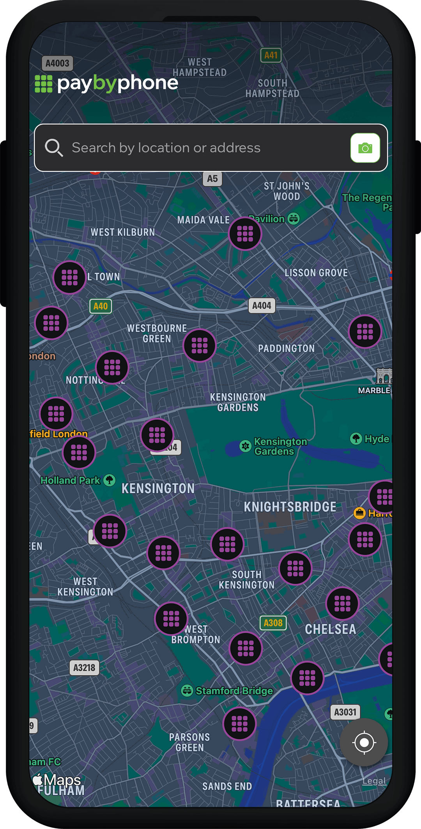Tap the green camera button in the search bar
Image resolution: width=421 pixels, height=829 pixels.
coord(365,148)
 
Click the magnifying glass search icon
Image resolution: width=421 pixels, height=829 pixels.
coord(53,148)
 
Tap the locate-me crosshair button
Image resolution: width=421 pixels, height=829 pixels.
coord(364,743)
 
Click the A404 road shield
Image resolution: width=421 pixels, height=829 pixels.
coord(262,306)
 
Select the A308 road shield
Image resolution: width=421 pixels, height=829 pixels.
coord(273,623)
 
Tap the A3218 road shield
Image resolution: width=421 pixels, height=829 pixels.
coord(84,668)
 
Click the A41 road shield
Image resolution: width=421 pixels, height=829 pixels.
coord(271,55)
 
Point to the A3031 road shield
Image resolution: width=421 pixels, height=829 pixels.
coord(345,712)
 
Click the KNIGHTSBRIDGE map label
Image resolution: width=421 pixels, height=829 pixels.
coord(290,507)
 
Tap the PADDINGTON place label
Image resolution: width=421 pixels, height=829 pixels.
coord(286,348)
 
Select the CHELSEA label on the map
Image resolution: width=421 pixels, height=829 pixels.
coord(330,629)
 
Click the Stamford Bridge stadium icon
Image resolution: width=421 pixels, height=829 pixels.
coord(187,691)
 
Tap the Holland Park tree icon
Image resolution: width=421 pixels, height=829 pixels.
coord(110,480)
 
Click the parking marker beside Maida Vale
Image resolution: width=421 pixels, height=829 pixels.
coord(245,234)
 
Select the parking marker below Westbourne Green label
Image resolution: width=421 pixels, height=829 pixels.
coord(200,345)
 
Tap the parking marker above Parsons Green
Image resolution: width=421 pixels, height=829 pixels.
coord(239,724)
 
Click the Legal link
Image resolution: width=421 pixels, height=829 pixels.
coord(374,781)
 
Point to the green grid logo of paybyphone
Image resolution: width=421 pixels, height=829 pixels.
coord(44,84)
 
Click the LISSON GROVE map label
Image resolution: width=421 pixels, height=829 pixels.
coord(316,273)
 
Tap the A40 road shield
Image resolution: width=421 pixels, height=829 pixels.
coord(101,306)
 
